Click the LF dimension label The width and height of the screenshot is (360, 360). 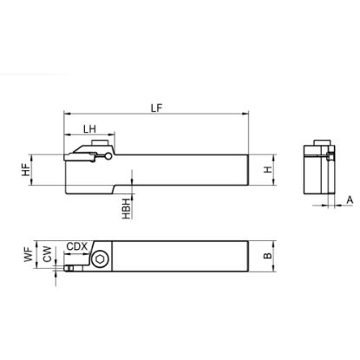157,108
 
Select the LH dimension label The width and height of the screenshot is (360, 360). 89,129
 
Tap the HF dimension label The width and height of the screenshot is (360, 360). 26,170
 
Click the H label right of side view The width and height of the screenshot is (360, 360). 268,169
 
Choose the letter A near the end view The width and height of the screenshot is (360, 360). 350,200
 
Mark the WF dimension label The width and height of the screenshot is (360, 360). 29,254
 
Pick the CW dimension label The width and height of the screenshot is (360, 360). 48,254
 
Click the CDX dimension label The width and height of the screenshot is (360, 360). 76,246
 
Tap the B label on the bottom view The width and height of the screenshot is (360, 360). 268,256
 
